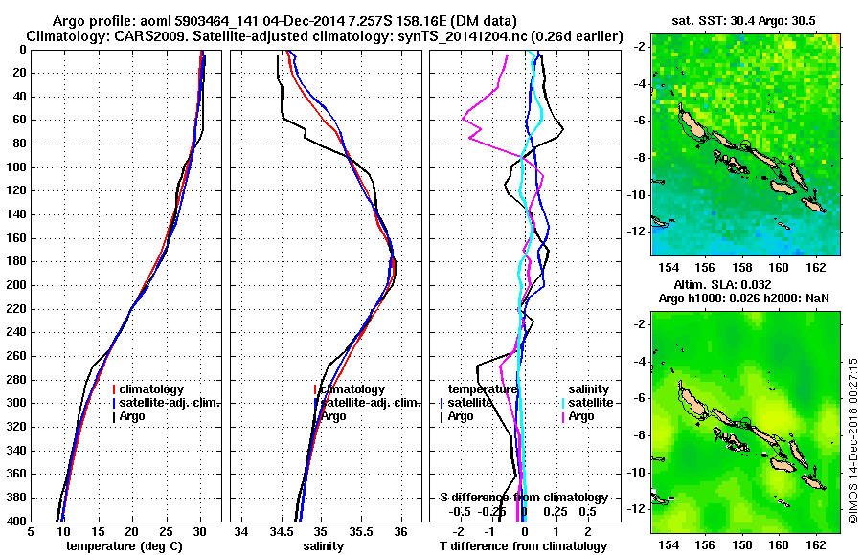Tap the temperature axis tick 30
coord(199,532)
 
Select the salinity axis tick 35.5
coord(360,532)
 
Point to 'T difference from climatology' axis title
coord(523,546)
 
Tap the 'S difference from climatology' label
coord(523,498)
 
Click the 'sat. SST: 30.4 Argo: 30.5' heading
coord(744,19)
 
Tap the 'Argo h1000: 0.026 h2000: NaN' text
coord(743,299)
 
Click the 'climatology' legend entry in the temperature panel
coord(153,389)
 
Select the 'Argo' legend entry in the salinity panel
coord(332,416)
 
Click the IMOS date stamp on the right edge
coord(852,440)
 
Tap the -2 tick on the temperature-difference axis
coord(461,532)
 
